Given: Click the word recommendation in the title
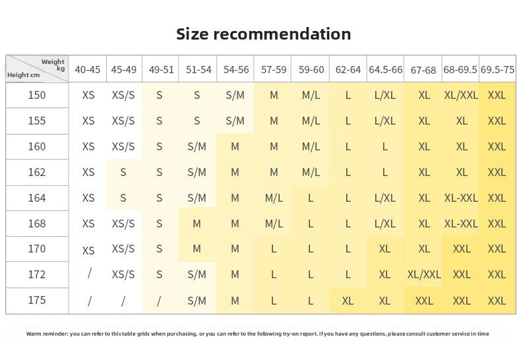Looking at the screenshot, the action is pos(282,34).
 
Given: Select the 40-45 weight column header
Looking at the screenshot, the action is pos(88,70).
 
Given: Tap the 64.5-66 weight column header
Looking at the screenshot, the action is pos(385,70).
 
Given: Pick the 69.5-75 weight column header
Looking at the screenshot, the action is pos(497,70).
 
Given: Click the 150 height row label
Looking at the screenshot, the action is pos(36,96).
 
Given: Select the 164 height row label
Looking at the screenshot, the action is pos(36,198).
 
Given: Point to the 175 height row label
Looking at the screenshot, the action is pos(36,300).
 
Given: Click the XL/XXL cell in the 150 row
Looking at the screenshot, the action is pos(461,96).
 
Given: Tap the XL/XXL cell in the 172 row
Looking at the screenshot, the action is pos(423,275).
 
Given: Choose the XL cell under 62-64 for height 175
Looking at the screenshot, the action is pos(348,301).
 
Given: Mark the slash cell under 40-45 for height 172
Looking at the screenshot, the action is pos(90,274).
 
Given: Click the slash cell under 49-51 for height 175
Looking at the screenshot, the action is pos(159,301).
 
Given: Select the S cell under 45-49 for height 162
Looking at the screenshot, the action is pos(123,172).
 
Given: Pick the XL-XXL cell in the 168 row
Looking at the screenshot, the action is pos(461,224).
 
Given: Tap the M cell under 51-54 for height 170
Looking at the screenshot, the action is pos(197,249).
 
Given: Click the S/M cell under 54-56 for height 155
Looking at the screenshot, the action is pos(235,121).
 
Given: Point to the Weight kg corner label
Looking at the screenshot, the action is pos(53,65).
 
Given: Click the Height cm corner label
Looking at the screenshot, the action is pos(23,75).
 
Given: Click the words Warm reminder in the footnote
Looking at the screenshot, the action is pos(47,334).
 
